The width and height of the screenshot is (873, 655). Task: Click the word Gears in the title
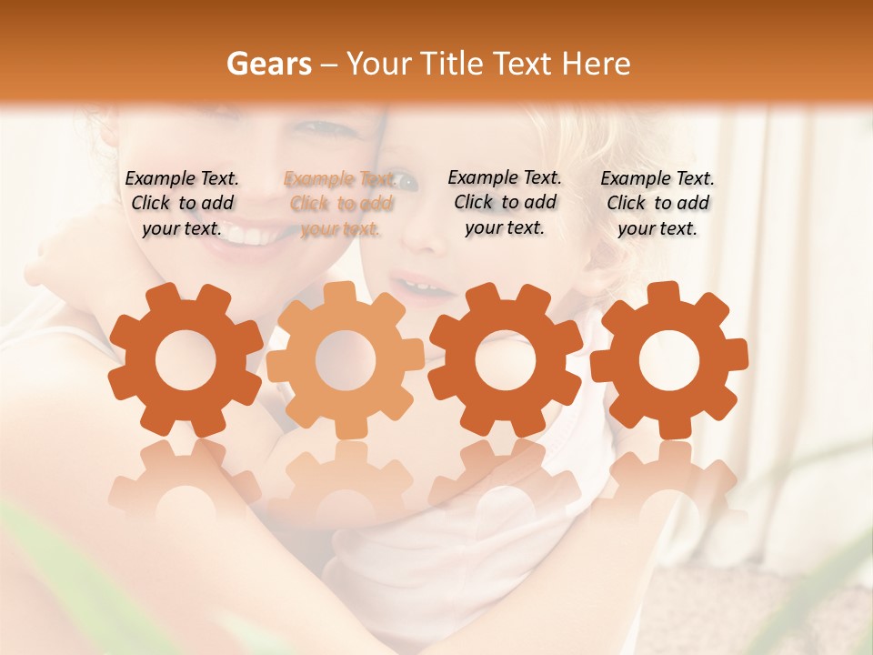(x=268, y=64)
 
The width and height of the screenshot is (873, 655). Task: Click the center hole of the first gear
(x=186, y=360)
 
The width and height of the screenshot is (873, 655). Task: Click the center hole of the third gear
(x=506, y=360)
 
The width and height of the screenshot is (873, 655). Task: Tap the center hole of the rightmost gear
(x=669, y=360)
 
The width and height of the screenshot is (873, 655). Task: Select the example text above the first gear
(x=182, y=203)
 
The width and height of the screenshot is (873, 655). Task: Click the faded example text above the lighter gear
(x=340, y=204)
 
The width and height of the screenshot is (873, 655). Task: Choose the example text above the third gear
(x=505, y=202)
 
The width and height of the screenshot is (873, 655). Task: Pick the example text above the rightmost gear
(x=657, y=203)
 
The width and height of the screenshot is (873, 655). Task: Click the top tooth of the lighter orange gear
(x=346, y=294)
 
